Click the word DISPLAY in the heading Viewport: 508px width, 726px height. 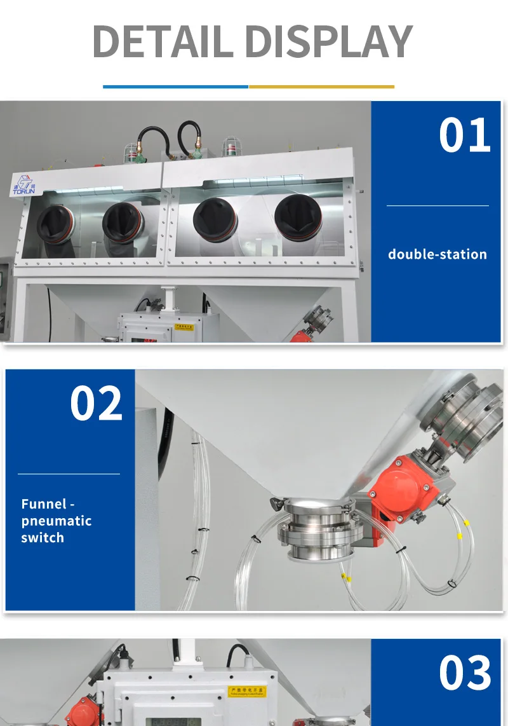pyautogui.click(x=328, y=42)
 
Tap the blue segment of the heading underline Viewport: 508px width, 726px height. pyautogui.click(x=175, y=86)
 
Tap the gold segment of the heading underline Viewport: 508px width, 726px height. pyautogui.click(x=321, y=86)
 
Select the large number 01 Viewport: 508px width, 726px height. pyautogui.click(x=465, y=135)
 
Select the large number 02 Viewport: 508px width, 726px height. pyautogui.click(x=96, y=404)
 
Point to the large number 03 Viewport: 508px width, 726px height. pyautogui.click(x=465, y=673)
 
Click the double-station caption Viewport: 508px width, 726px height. pyautogui.click(x=438, y=254)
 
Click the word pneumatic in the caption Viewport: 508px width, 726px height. pyautogui.click(x=57, y=521)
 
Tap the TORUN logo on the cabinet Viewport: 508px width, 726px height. pyautogui.click(x=25, y=184)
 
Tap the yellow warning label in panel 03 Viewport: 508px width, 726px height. pyautogui.click(x=247, y=692)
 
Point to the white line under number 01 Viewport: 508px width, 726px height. pyautogui.click(x=438, y=205)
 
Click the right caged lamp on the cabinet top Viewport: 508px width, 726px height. pyautogui.click(x=230, y=148)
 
